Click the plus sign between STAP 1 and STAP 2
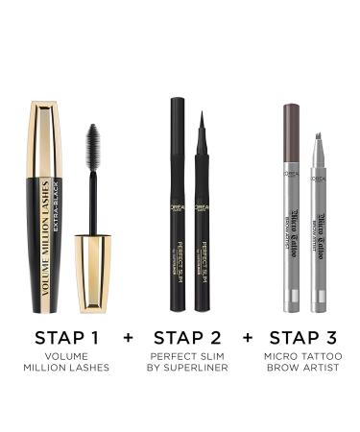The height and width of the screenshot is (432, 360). [x=128, y=338]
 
